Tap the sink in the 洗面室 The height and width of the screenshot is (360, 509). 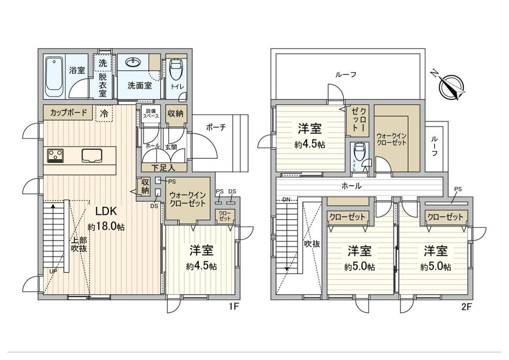pyautogui.click(x=132, y=63)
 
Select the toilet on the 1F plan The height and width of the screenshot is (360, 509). pyautogui.click(x=176, y=71)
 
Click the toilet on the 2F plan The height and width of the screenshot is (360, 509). pyautogui.click(x=358, y=152)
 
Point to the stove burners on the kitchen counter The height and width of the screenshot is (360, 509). pyautogui.click(x=56, y=155)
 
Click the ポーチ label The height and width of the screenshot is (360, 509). pyautogui.click(x=216, y=127)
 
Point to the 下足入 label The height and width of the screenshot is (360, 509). pyautogui.click(x=163, y=168)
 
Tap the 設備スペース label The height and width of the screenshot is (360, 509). pyautogui.click(x=151, y=114)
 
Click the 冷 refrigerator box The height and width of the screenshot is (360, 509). pyautogui.click(x=104, y=113)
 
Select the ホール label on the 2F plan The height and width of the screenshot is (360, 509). pyautogui.click(x=352, y=186)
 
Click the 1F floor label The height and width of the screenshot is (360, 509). pyautogui.click(x=234, y=306)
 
